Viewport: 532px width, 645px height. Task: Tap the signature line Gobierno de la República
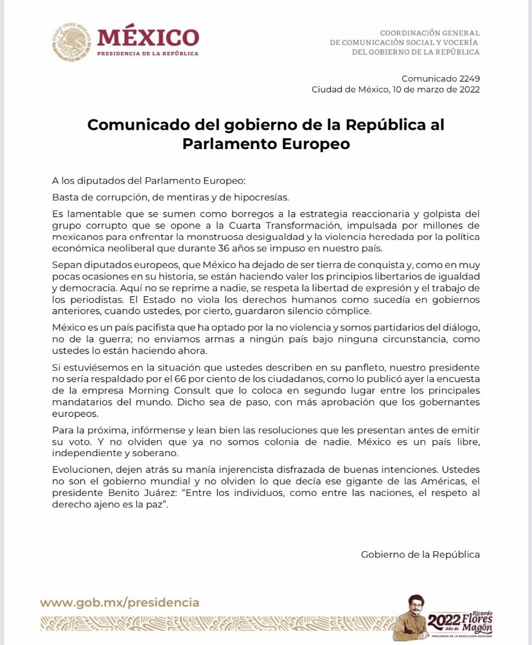pos(420,554)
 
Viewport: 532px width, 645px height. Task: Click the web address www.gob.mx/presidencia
pos(120,603)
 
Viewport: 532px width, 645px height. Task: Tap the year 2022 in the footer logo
pos(444,621)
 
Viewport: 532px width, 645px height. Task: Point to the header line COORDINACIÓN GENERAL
pos(429,33)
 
